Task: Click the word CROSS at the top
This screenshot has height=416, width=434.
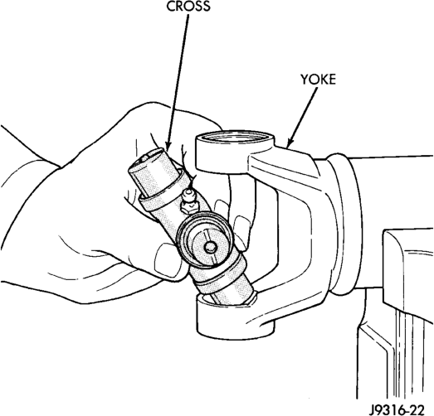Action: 188,6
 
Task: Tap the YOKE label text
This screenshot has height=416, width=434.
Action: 318,80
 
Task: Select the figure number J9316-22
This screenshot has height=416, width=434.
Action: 397,409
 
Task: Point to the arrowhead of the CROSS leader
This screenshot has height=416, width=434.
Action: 168,145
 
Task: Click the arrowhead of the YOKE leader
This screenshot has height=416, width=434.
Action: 289,143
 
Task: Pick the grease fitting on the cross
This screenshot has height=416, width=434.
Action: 188,201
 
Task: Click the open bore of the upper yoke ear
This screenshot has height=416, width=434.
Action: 235,136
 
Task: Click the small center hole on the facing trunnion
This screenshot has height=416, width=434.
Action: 209,247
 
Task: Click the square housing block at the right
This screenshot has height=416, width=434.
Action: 408,277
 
